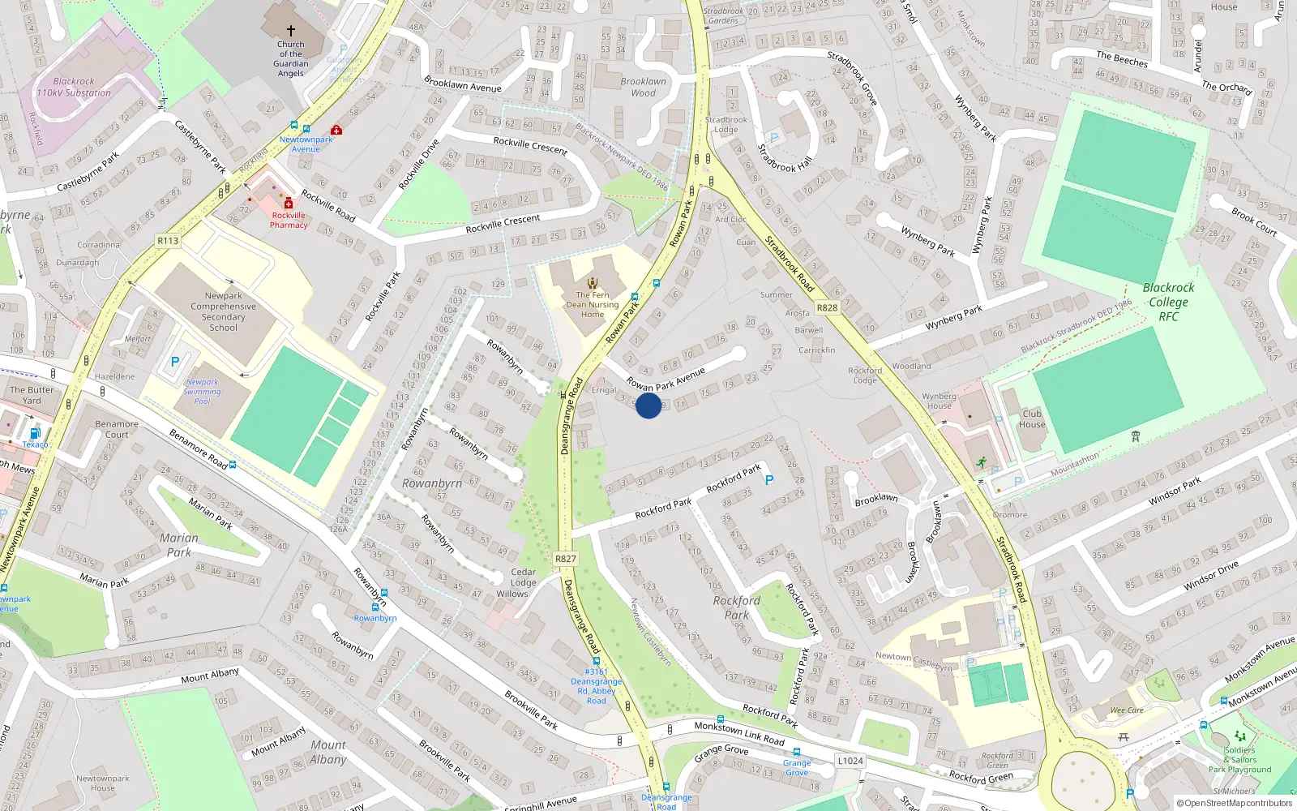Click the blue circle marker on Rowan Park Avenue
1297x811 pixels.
pos(648,405)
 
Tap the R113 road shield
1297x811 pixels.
pos(168,241)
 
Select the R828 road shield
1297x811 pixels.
pos(827,307)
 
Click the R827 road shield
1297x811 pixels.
pos(566,559)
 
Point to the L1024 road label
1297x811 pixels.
pos(850,761)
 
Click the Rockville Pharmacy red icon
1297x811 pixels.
pos(289,204)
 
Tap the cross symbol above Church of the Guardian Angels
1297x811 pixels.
pos(291,31)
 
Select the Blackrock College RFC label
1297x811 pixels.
pos(1168,302)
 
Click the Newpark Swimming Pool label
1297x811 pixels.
pos(202,392)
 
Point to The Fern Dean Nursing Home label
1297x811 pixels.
pos(593,305)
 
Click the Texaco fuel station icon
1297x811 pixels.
pos(34,434)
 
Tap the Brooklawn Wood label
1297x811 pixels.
pos(643,87)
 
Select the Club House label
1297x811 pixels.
pos(1032,418)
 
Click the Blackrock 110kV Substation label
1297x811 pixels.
pos(74,87)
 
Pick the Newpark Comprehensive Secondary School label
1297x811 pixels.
pos(223,311)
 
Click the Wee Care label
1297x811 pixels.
pos(1127,710)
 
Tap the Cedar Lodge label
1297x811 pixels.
pos(523,577)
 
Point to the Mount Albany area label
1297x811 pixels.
pos(327,752)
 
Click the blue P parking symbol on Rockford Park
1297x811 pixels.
pos(768,480)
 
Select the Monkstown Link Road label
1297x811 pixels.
pos(739,733)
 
